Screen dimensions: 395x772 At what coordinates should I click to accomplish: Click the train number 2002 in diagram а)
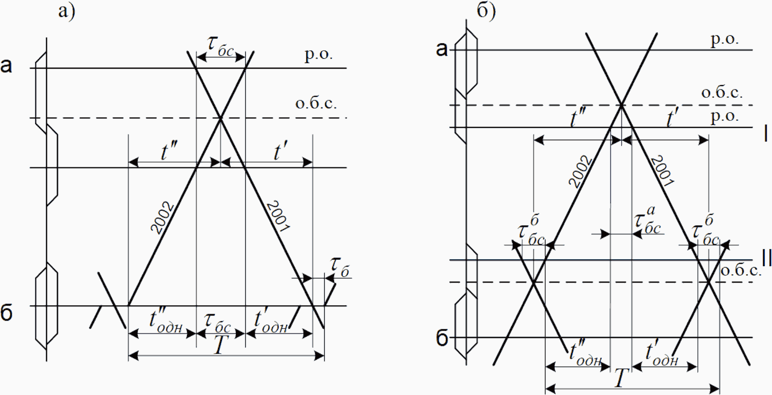pos(163,218)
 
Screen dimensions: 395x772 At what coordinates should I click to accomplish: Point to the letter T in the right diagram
pos(621,378)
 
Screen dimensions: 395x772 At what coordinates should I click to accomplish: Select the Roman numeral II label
pos(766,257)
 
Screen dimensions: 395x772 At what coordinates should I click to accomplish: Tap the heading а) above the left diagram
pos(66,11)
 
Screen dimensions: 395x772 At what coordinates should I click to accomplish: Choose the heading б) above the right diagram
pos(486,11)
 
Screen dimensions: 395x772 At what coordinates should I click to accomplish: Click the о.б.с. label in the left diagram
pos(316,103)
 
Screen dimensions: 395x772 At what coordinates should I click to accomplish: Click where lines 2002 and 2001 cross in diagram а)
pos(220,118)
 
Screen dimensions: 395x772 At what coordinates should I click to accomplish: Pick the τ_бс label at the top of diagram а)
pos(220,47)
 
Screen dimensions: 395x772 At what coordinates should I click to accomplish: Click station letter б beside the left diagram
pos(7,313)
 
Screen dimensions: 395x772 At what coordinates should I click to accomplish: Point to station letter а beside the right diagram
pos(442,48)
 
